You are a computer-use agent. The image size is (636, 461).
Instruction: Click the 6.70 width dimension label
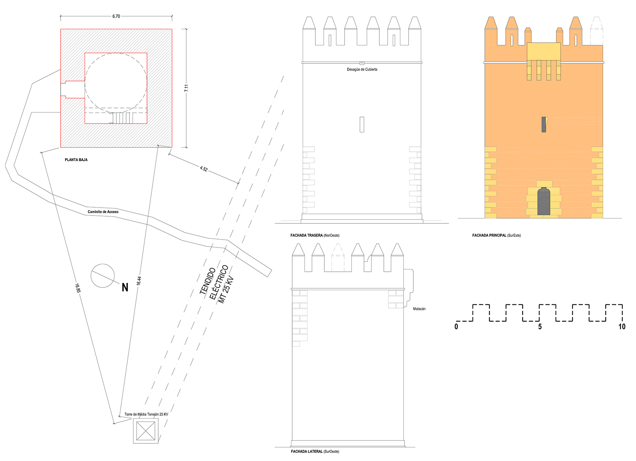pyautogui.click(x=116, y=16)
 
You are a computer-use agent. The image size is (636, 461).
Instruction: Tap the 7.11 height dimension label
pyautogui.click(x=186, y=88)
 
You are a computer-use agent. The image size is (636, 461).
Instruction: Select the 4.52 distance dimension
pyautogui.click(x=204, y=169)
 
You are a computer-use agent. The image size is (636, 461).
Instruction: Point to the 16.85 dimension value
pyautogui.click(x=78, y=288)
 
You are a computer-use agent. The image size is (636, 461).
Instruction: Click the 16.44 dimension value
pyautogui.click(x=139, y=281)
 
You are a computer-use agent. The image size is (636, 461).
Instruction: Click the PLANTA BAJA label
pyautogui.click(x=76, y=160)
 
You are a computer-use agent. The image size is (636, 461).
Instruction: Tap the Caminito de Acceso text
pyautogui.click(x=103, y=212)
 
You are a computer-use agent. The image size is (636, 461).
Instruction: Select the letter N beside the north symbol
pyautogui.click(x=125, y=287)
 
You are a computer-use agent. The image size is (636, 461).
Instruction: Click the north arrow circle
pyautogui.click(x=103, y=264)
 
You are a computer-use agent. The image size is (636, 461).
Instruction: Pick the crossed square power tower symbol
pyautogui.click(x=146, y=431)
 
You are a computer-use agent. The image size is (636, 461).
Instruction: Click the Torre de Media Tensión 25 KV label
pyautogui.click(x=146, y=415)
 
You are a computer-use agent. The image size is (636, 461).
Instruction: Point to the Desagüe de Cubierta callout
pyautogui.click(x=362, y=69)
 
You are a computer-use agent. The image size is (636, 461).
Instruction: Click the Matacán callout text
pyautogui.click(x=419, y=309)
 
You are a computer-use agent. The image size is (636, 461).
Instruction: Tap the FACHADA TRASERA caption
pyautogui.click(x=315, y=235)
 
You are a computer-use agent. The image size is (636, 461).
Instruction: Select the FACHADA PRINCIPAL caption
pyautogui.click(x=496, y=235)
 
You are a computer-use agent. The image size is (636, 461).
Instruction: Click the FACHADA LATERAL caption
pyautogui.click(x=315, y=451)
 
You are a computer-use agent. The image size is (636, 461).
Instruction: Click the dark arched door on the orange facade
pyautogui.click(x=544, y=201)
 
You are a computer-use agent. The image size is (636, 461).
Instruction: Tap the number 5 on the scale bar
pyautogui.click(x=540, y=327)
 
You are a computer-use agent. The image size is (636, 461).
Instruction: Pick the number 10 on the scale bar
pyautogui.click(x=622, y=327)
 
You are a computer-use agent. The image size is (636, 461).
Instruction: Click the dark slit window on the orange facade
pyautogui.click(x=544, y=124)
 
